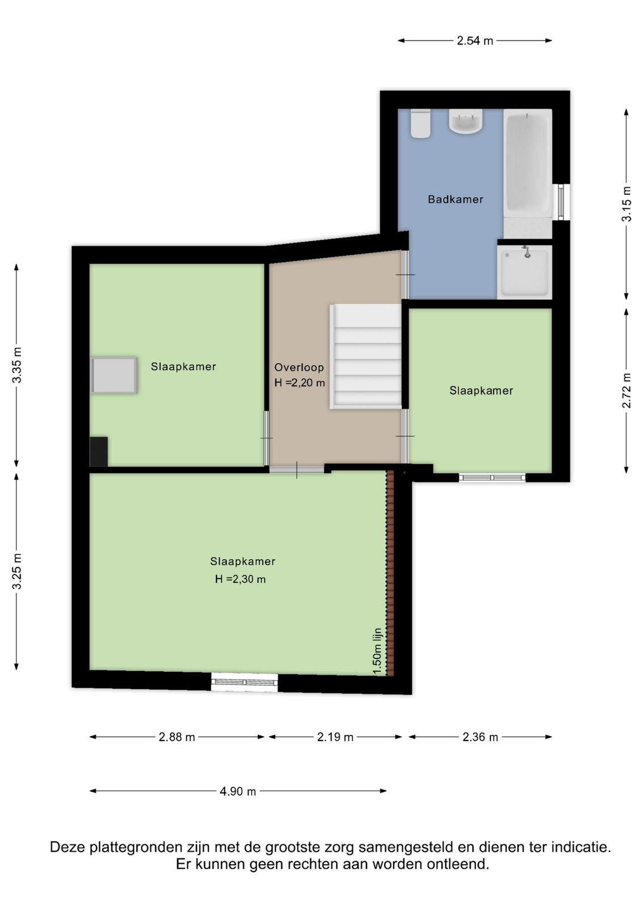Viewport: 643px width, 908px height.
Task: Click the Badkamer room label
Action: pyautogui.click(x=455, y=199)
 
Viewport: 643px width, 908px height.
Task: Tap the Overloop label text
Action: pyautogui.click(x=299, y=367)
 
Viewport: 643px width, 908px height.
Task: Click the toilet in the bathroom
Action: pyautogui.click(x=420, y=124)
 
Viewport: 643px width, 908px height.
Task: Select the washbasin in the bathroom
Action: pyautogui.click(x=465, y=121)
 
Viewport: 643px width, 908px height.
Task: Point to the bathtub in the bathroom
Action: pyautogui.click(x=527, y=163)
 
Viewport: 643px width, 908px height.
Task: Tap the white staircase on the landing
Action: pyautogui.click(x=365, y=357)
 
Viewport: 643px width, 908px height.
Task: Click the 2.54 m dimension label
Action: pyautogui.click(x=475, y=40)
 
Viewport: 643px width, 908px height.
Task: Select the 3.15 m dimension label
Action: pyautogui.click(x=627, y=204)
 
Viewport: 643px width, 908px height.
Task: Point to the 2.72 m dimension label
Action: pyautogui.click(x=627, y=390)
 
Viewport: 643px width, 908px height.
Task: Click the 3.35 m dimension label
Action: pyautogui.click(x=17, y=365)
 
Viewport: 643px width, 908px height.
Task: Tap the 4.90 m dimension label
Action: pyautogui.click(x=238, y=791)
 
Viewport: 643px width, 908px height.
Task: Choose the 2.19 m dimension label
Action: pyautogui.click(x=335, y=737)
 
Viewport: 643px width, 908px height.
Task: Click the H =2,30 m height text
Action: pyautogui.click(x=240, y=579)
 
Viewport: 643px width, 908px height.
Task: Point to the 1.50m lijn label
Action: pyautogui.click(x=377, y=651)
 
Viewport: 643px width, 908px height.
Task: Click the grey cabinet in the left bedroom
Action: pyautogui.click(x=114, y=375)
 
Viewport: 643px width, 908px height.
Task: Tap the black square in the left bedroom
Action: pyautogui.click(x=99, y=452)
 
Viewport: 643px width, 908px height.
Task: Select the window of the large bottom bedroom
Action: pyautogui.click(x=245, y=682)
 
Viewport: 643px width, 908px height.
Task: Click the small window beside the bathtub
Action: pyautogui.click(x=561, y=202)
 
